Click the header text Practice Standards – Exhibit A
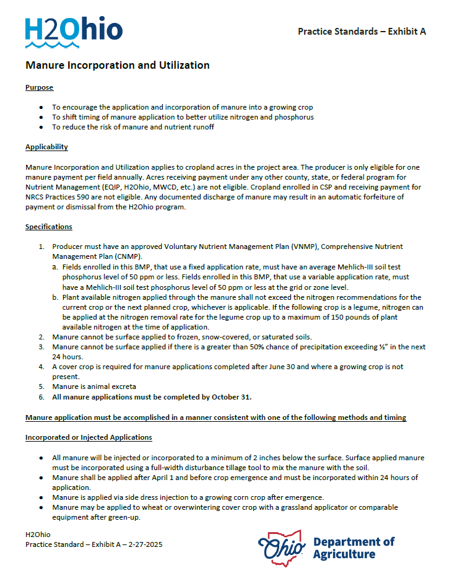(362, 32)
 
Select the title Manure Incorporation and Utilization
(118, 66)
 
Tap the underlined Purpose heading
(39, 87)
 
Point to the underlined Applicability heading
(46, 147)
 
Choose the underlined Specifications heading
(49, 227)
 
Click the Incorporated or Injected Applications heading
(89, 437)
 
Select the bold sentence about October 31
(152, 396)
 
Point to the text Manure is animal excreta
(94, 387)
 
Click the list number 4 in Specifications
(41, 367)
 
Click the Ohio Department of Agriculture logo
(326, 547)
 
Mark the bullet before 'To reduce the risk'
(41, 127)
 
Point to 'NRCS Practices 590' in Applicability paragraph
(58, 197)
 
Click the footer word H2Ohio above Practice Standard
(38, 535)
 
